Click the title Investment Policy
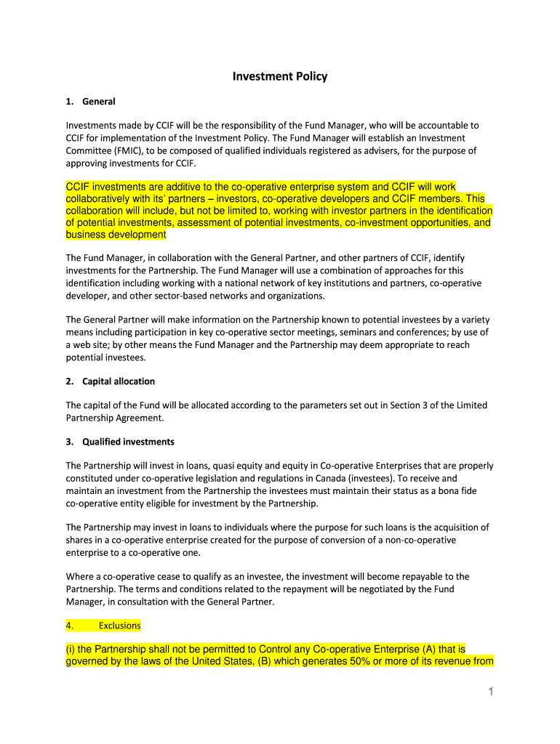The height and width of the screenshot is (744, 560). coord(280,76)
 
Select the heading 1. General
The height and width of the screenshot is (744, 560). coord(98,102)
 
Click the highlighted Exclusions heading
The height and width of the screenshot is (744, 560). coord(120,626)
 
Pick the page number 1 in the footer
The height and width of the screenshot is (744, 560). coord(491,692)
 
